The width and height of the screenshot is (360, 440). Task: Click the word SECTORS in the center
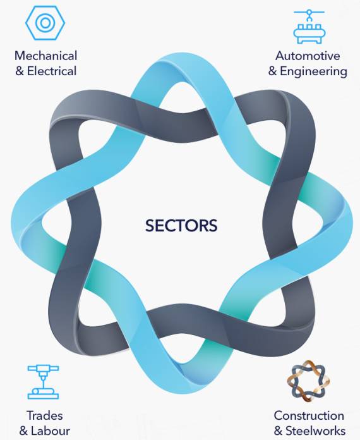tap(181, 225)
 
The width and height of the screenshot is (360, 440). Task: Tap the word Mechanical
tap(45, 56)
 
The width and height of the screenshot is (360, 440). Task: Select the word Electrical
tap(52, 71)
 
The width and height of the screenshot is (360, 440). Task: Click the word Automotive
tap(308, 56)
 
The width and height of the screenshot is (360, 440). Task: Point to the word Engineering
tap(313, 71)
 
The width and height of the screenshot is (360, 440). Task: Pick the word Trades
tap(45, 415)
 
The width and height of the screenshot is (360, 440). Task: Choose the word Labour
tap(50, 431)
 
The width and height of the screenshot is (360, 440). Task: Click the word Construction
tap(309, 415)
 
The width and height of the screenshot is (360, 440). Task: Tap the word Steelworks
tap(315, 431)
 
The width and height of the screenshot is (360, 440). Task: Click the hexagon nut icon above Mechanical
tap(45, 23)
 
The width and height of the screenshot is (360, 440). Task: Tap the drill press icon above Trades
tap(43, 382)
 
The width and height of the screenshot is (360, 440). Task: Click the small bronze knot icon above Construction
tap(308, 381)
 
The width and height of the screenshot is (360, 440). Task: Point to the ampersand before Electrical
tap(20, 71)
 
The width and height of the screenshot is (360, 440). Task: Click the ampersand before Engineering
tap(272, 71)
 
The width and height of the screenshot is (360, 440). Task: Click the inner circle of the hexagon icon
tap(45, 23)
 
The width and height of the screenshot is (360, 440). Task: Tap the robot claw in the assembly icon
tap(309, 15)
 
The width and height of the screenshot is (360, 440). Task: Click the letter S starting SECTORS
tap(150, 225)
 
